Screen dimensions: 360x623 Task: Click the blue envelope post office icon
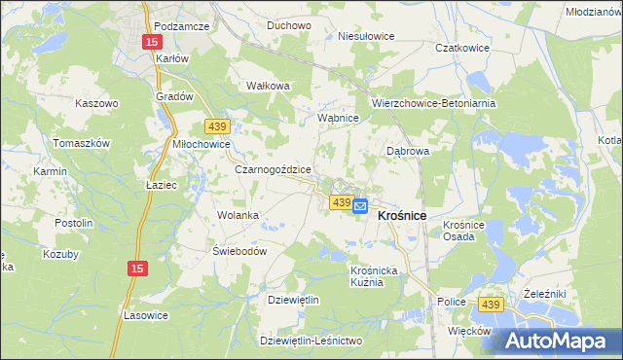tap(359, 206)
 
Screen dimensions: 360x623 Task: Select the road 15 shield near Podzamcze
tap(151, 42)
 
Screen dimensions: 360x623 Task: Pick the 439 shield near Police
tap(490, 306)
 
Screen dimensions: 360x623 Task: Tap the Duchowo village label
tap(288, 25)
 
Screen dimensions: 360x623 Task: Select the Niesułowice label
tap(366, 36)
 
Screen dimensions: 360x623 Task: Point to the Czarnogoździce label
tap(274, 168)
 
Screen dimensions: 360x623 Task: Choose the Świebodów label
tap(239, 250)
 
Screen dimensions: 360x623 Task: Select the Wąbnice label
tap(340, 118)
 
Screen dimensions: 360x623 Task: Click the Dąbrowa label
tap(408, 151)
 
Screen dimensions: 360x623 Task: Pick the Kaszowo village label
tap(96, 102)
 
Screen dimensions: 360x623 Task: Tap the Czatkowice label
tap(461, 47)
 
